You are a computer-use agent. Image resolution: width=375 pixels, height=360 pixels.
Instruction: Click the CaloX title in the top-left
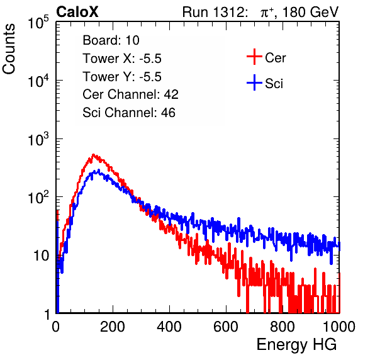77,12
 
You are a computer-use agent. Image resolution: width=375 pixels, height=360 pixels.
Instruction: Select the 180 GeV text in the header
310,12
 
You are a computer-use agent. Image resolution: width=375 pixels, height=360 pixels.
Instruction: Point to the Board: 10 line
111,40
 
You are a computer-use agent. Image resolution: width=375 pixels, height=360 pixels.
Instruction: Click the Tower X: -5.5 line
122,59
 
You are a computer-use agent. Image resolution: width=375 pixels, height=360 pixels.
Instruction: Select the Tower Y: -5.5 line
122,77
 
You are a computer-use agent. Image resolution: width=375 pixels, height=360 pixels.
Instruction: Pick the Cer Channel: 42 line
130,94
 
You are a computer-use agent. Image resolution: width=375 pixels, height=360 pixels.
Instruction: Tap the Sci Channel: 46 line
129,113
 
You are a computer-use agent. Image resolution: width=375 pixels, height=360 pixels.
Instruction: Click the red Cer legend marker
254,57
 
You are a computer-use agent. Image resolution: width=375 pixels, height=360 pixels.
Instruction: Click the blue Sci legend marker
254,82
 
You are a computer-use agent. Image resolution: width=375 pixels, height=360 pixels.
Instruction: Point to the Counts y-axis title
9,49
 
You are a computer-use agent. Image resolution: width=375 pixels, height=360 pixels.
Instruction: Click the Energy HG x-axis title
296,345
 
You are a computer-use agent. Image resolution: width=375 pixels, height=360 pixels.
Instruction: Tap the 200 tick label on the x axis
113,327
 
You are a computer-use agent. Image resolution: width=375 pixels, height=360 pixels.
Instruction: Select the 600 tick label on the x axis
226,327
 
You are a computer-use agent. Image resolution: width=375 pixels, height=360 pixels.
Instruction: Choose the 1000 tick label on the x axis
339,327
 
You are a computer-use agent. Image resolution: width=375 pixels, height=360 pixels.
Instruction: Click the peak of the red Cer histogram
93,155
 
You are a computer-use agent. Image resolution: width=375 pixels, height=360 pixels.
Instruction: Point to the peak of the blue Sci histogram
98,170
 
